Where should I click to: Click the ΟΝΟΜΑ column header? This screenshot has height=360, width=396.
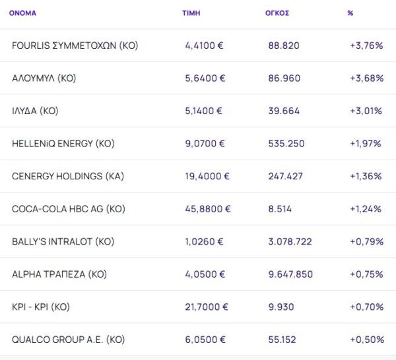22,13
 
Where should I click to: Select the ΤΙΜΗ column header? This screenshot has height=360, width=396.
191,13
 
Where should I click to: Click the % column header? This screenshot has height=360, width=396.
350,13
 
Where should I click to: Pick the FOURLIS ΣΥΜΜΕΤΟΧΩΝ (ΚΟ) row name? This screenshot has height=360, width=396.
75,45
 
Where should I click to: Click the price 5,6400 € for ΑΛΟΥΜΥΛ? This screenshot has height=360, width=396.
205,78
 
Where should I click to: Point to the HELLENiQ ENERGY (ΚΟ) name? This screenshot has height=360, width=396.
63,144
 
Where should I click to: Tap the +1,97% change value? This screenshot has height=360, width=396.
366,144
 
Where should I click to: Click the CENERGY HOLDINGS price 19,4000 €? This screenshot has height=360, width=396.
207,176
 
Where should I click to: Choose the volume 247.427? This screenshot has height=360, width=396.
286,176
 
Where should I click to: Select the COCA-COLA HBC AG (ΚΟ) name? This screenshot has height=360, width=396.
69,209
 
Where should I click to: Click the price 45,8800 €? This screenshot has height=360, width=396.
208,209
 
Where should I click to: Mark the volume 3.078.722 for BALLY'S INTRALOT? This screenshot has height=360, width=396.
290,241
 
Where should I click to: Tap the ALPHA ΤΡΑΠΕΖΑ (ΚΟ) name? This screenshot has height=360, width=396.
59,274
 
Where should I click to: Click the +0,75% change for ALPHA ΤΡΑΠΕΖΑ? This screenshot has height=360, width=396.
366,274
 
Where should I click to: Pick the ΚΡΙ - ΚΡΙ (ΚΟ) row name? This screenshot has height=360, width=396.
41,307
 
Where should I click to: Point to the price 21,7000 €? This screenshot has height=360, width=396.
207,307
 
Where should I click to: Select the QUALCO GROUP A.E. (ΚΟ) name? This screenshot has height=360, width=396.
69,340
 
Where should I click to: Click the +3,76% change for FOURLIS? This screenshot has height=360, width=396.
366,45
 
